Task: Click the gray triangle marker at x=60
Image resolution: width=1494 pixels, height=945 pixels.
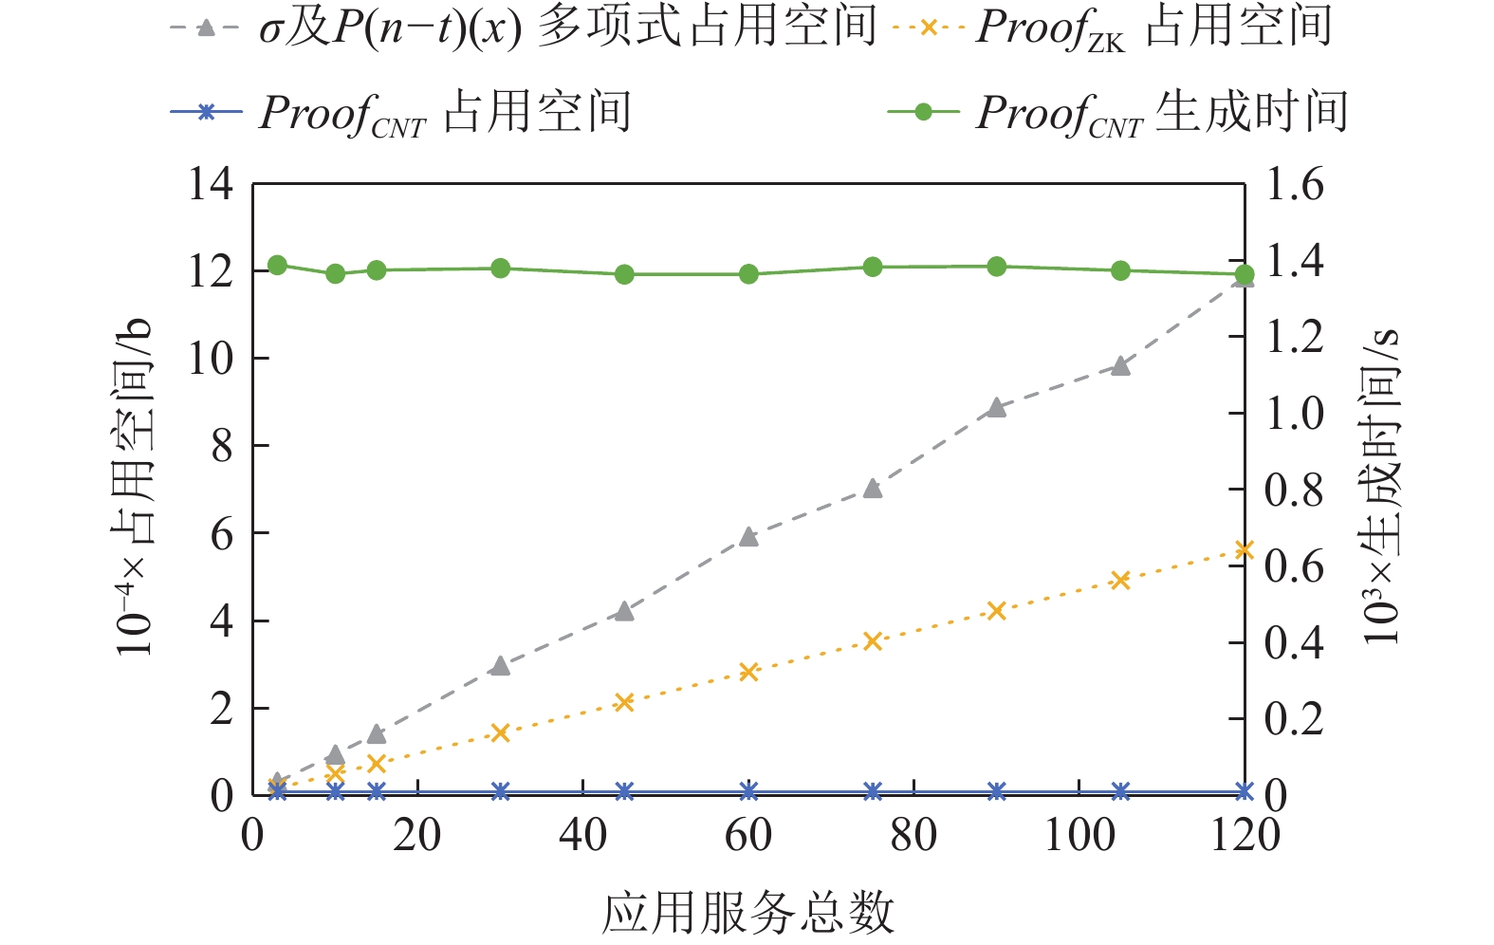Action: pyautogui.click(x=748, y=537)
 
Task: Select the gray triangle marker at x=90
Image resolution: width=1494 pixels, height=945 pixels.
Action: pyautogui.click(x=996, y=408)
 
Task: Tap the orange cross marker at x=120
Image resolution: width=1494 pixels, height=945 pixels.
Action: pyautogui.click(x=1245, y=550)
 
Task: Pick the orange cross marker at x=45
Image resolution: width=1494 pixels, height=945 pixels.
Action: pyautogui.click(x=624, y=702)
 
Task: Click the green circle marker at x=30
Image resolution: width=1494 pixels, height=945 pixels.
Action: pyautogui.click(x=501, y=269)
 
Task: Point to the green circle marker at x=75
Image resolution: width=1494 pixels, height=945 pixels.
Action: pyautogui.click(x=873, y=267)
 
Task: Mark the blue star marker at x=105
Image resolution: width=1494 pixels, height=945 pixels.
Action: pyautogui.click(x=1120, y=791)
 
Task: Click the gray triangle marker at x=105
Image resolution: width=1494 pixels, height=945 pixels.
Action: pyautogui.click(x=1120, y=365)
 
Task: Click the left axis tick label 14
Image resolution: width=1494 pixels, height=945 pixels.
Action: pyautogui.click(x=211, y=183)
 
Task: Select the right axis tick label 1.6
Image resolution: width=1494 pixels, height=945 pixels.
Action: pyautogui.click(x=1295, y=183)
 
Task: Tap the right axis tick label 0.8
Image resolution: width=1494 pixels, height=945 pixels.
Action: pyautogui.click(x=1295, y=490)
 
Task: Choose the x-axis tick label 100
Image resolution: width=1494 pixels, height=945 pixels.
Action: pyautogui.click(x=1079, y=835)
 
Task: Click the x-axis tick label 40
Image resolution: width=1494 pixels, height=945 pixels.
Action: pyautogui.click(x=582, y=835)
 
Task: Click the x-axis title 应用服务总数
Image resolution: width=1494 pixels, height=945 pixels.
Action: pyautogui.click(x=748, y=913)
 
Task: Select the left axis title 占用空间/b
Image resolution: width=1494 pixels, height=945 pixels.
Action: pyautogui.click(x=134, y=488)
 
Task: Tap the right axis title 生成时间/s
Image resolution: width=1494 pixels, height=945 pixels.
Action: pyautogui.click(x=1381, y=488)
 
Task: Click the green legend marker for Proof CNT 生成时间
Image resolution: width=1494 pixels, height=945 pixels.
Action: pyautogui.click(x=923, y=112)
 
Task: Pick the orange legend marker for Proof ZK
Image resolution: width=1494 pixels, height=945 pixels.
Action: pyautogui.click(x=929, y=28)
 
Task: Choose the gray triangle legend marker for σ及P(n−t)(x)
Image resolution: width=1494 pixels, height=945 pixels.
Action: pyautogui.click(x=205, y=28)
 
